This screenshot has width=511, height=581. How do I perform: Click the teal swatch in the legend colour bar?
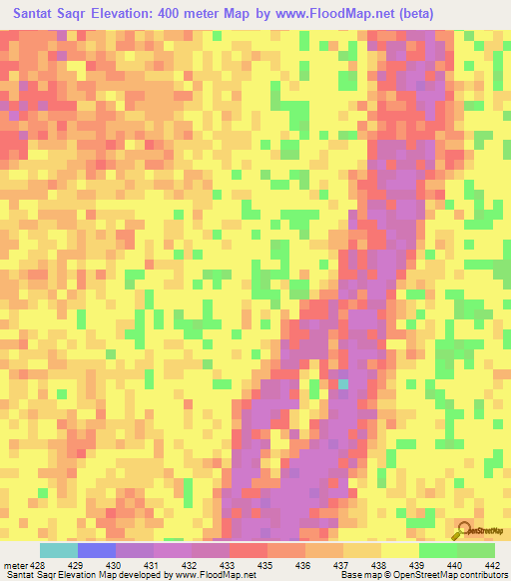59,550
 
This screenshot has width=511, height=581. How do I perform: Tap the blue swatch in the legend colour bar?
97,550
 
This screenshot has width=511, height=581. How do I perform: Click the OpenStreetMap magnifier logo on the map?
465,529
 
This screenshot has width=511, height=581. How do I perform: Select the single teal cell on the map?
343,383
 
